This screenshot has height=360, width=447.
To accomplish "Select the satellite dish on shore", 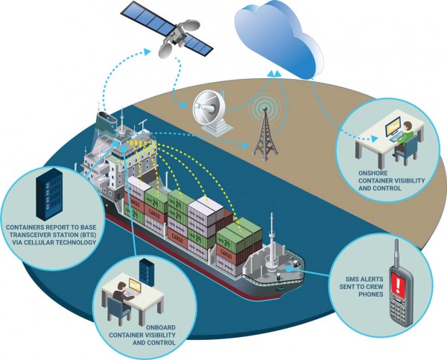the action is coord(211,111).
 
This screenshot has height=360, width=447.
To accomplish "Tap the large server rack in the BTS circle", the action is coord(49,194).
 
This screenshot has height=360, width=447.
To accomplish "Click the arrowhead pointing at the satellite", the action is coord(147,51).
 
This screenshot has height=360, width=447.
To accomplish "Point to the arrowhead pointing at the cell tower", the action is coord(245,145).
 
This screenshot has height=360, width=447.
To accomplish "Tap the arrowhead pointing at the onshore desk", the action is coord(374,139).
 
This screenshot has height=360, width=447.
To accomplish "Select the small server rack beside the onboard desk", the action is coord(147,272).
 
